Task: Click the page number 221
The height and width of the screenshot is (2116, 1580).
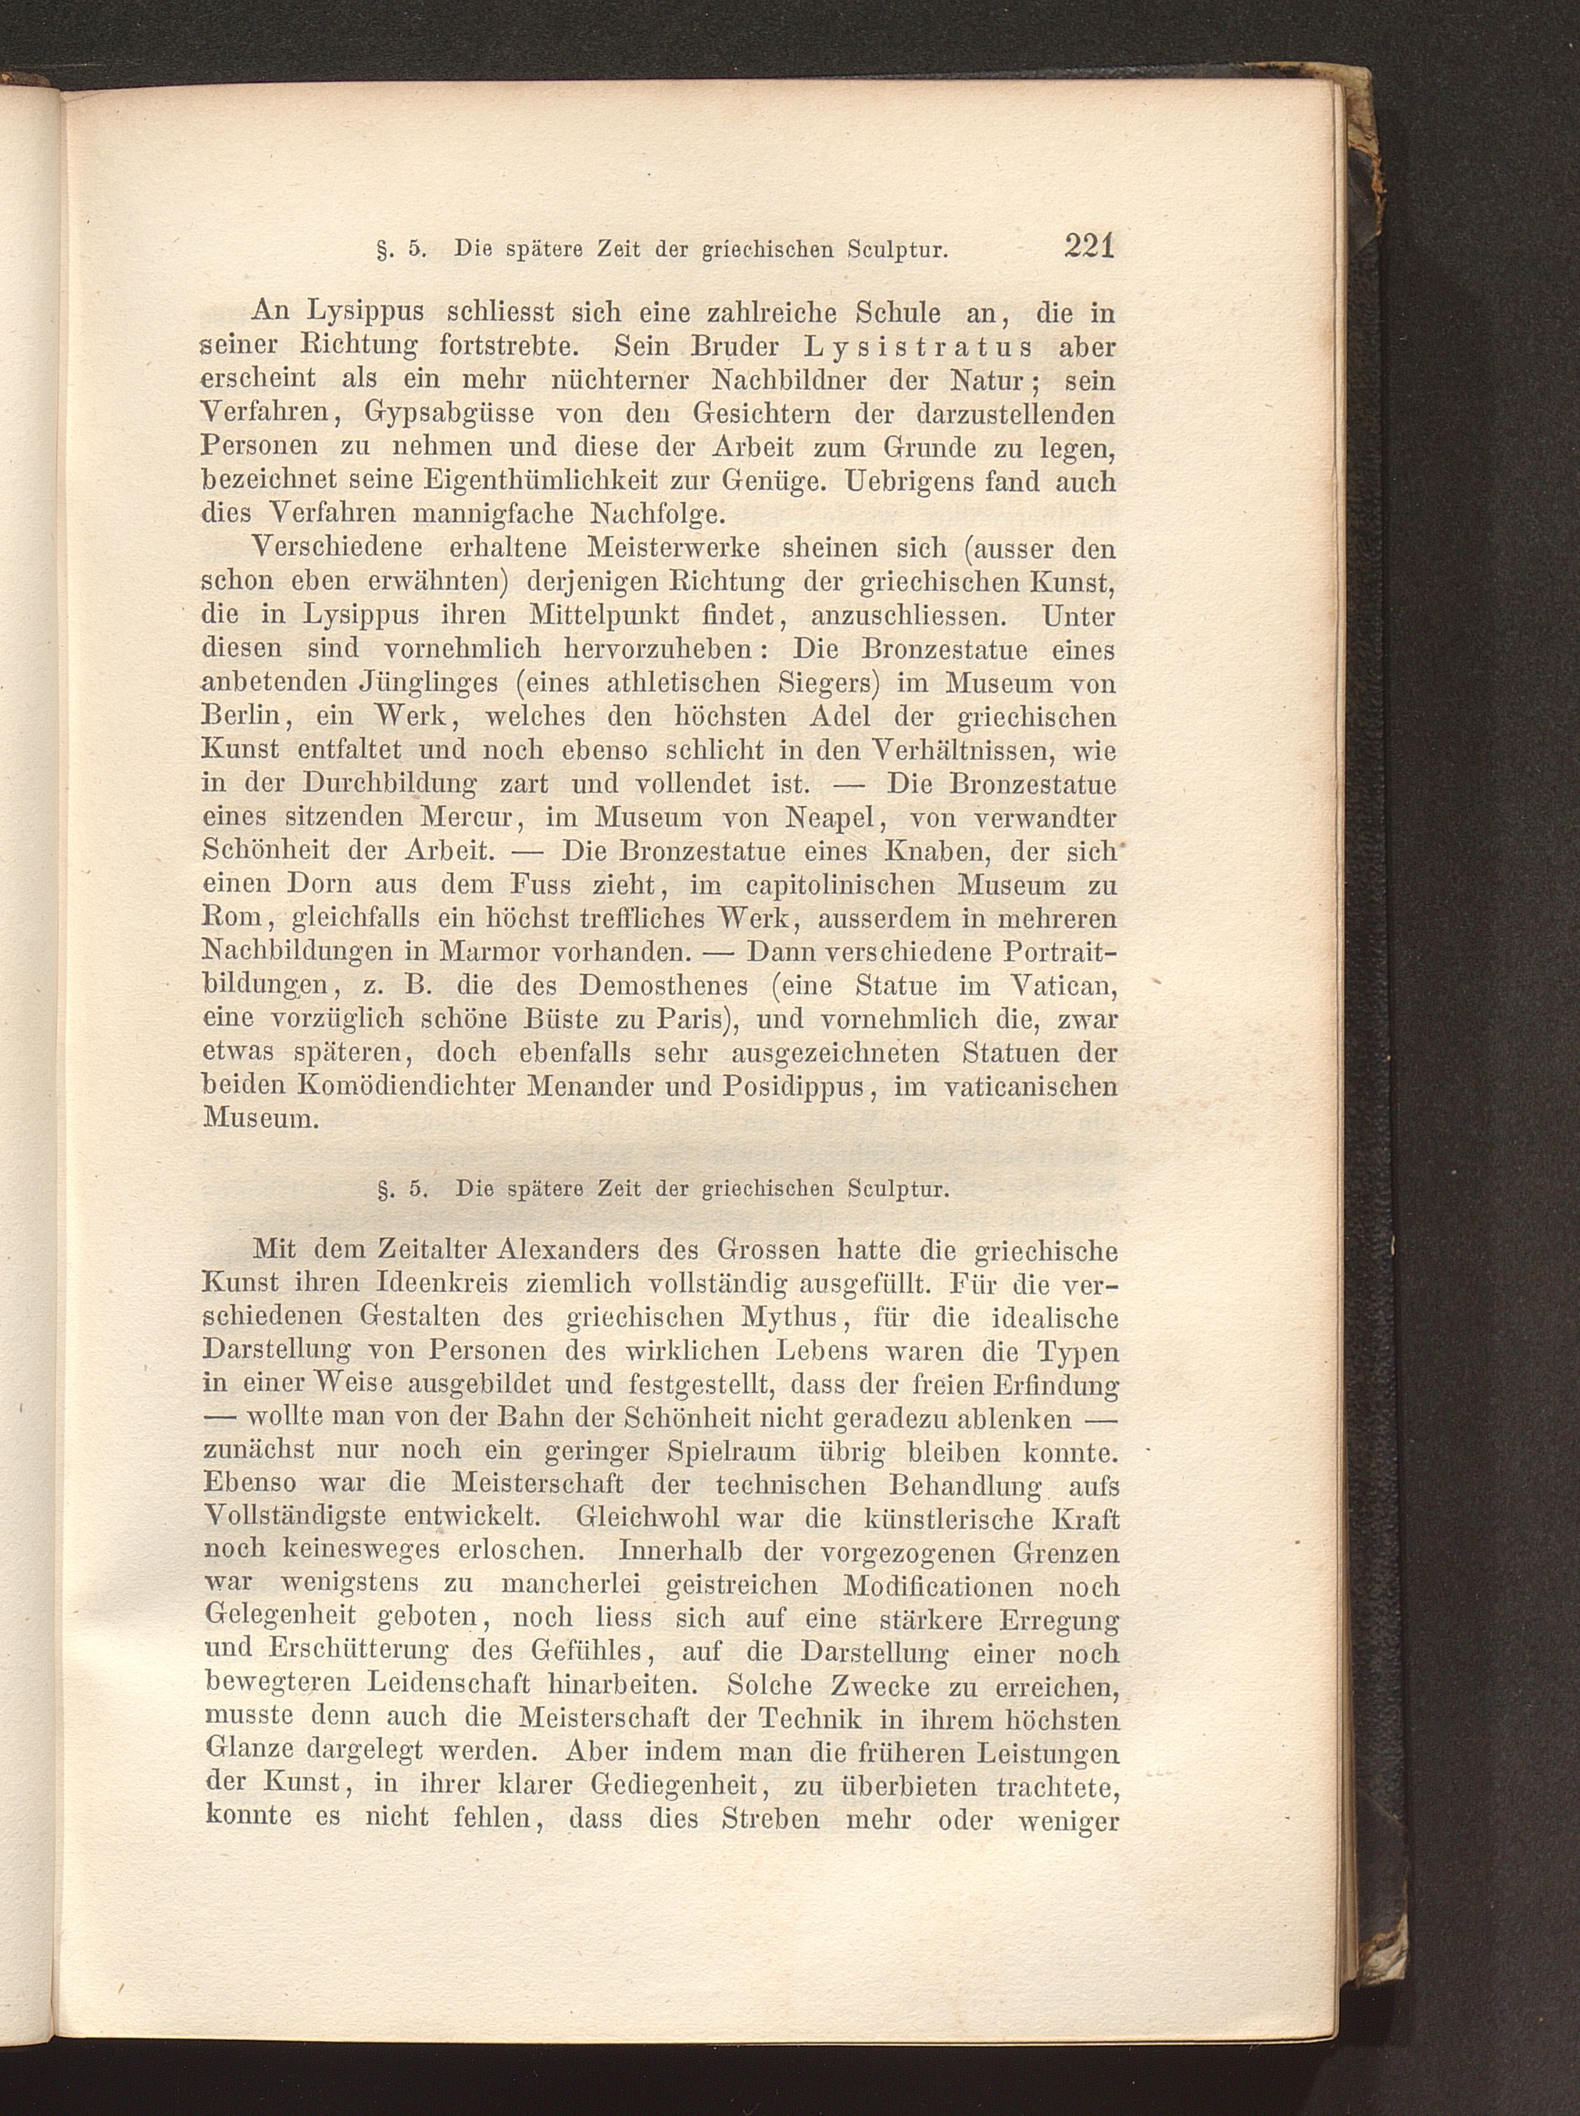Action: pos(1089,246)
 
